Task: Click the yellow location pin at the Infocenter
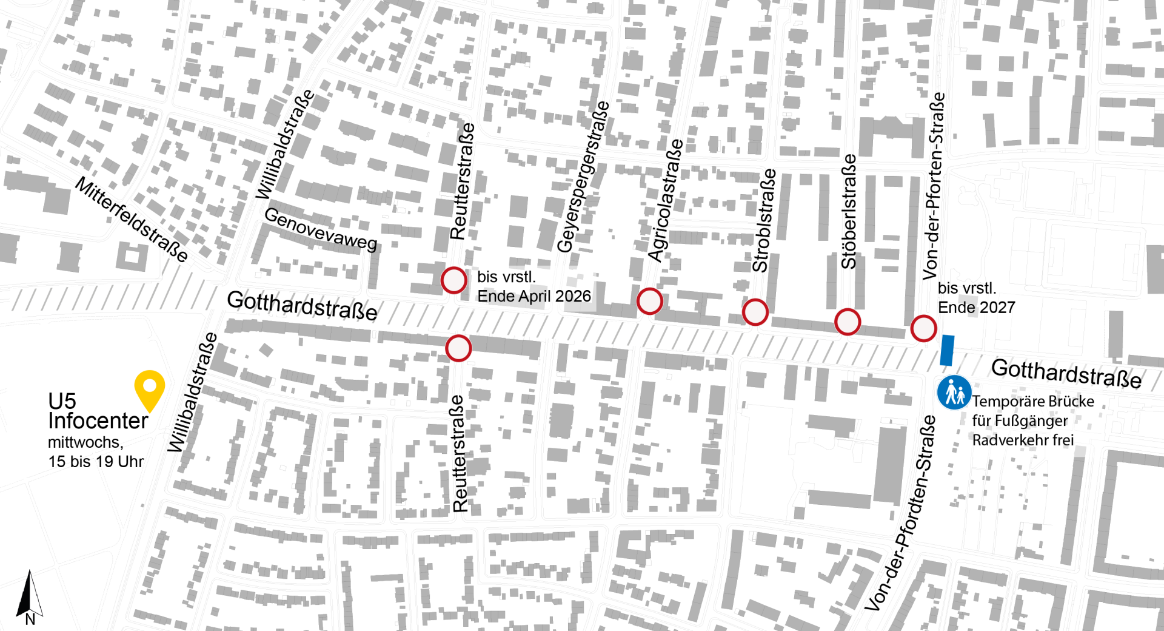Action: [150, 388]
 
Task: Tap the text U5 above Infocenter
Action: [62, 401]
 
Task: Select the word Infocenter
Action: [98, 420]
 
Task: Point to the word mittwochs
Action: [83, 442]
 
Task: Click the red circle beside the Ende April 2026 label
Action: [453, 281]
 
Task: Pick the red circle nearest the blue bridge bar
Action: [923, 328]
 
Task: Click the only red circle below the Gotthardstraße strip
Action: [458, 349]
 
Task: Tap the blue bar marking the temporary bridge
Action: [947, 350]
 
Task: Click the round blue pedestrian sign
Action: [954, 393]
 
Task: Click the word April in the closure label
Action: [534, 296]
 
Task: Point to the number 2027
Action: [996, 308]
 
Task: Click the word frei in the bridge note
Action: [1063, 440]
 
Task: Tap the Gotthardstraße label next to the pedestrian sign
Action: [1066, 373]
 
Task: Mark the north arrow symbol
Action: [34, 595]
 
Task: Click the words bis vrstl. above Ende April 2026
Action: [506, 277]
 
